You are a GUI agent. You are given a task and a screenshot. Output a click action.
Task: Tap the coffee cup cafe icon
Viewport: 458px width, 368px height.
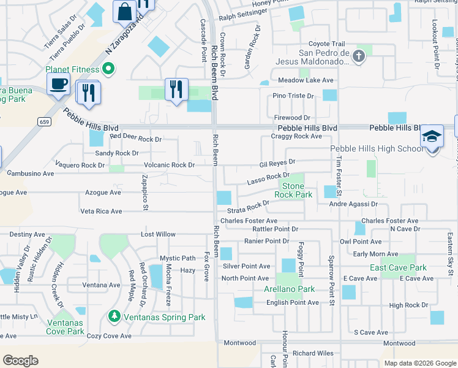58,84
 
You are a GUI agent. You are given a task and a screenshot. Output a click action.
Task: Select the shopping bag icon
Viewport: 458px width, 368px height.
124,11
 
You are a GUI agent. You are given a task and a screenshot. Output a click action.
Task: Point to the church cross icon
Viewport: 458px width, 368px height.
359,57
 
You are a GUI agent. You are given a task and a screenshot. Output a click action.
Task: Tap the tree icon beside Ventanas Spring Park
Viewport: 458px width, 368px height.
113,316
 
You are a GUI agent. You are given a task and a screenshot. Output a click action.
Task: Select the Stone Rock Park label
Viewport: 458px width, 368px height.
293,190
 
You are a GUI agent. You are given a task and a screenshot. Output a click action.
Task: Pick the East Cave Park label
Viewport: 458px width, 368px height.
398,268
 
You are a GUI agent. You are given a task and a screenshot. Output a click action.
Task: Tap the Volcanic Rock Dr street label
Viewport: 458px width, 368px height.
169,165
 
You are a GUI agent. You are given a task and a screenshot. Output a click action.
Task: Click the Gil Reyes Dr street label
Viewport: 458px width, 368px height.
277,164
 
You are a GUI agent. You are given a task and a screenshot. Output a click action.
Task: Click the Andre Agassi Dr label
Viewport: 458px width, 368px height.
353,204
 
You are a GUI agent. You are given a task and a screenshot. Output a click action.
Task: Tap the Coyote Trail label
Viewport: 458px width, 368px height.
326,44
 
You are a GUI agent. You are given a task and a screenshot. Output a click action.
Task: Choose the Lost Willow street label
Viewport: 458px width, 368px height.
158,234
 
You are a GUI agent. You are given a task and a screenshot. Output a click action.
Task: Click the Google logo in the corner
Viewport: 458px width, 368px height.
20,361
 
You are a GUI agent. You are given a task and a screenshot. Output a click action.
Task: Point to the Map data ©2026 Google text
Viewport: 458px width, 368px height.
419,363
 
